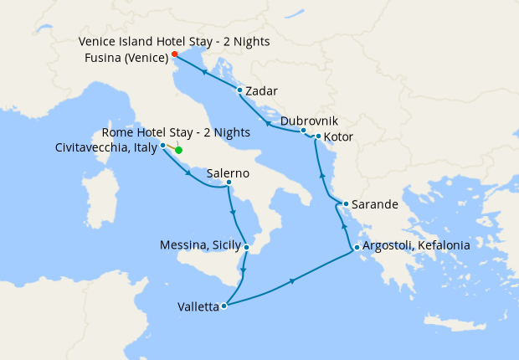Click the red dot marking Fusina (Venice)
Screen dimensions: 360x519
click(174, 54)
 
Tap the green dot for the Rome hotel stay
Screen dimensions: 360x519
click(178, 151)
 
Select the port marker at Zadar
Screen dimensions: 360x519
click(239, 90)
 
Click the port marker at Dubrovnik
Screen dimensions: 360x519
click(303, 131)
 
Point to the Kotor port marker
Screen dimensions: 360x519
click(318, 136)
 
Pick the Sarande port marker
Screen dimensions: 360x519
click(346, 203)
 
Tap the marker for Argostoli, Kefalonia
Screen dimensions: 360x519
click(357, 248)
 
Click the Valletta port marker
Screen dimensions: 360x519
click(224, 306)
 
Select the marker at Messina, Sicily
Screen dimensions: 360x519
click(246, 247)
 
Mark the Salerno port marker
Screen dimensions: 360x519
click(229, 183)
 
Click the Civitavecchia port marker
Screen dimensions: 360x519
click(162, 145)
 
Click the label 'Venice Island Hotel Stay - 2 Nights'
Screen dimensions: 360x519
click(174, 41)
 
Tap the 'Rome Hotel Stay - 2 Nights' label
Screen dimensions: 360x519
click(175, 133)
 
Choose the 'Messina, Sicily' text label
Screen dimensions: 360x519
click(199, 245)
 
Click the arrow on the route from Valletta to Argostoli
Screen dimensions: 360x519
click(291, 281)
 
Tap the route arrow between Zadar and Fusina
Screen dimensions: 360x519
click(203, 72)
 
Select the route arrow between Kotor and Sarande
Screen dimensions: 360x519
click(322, 176)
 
